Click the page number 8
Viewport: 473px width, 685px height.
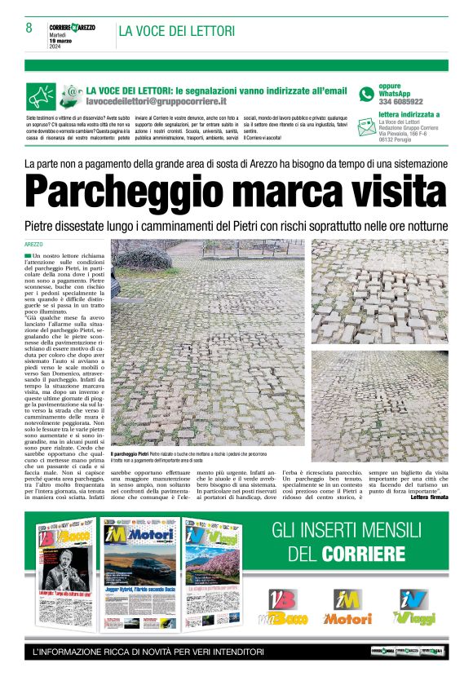point(29,28)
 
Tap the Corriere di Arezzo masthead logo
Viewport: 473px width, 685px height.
point(77,27)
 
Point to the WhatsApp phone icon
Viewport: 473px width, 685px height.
point(366,95)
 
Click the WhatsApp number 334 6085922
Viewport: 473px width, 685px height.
point(400,102)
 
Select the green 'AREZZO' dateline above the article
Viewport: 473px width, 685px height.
point(33,245)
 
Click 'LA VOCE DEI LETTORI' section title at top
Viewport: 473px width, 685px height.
point(177,32)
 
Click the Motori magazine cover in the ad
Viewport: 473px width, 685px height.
point(135,575)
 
